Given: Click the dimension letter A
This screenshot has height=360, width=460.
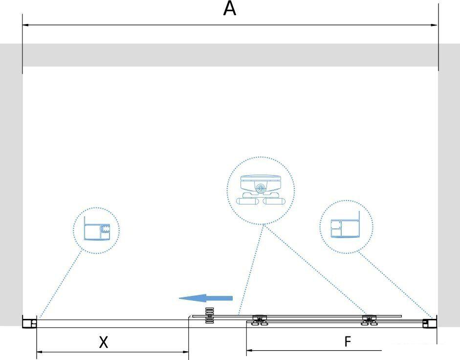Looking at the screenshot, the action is pos(229,9).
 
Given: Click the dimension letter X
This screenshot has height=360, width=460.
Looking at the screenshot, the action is pos(103,342).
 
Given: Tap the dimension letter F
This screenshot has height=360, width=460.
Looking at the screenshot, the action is pos(348,341).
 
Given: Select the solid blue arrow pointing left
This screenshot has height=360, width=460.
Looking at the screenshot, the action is pos(206,298).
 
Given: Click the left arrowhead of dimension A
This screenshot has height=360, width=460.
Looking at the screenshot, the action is pos(25,25).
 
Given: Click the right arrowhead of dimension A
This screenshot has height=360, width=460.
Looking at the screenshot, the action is pos(434,25).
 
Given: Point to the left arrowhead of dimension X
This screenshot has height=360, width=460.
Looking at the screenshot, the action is pos(40,352).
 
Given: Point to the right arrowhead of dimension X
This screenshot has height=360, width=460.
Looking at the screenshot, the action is pos(185,352).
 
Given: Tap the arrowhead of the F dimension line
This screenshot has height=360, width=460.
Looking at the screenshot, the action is pos(250,350).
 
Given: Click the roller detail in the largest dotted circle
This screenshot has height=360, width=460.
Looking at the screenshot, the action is pos(261,190).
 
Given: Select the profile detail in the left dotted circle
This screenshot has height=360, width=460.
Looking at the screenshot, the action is pos(97,229).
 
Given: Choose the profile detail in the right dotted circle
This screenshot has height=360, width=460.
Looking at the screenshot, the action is pos(345,225).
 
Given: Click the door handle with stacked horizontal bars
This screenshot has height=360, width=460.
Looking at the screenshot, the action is pos(209,315).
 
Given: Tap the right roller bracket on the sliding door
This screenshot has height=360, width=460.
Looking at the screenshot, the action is pos(370,320).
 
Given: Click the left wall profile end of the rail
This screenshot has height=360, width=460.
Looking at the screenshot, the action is pos(30,322).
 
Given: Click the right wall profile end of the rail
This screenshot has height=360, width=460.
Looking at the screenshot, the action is pos(430,322).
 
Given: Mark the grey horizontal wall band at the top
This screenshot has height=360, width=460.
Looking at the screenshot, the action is pos(230,55).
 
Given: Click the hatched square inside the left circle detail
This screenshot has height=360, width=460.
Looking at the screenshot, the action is pos(105,228).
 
